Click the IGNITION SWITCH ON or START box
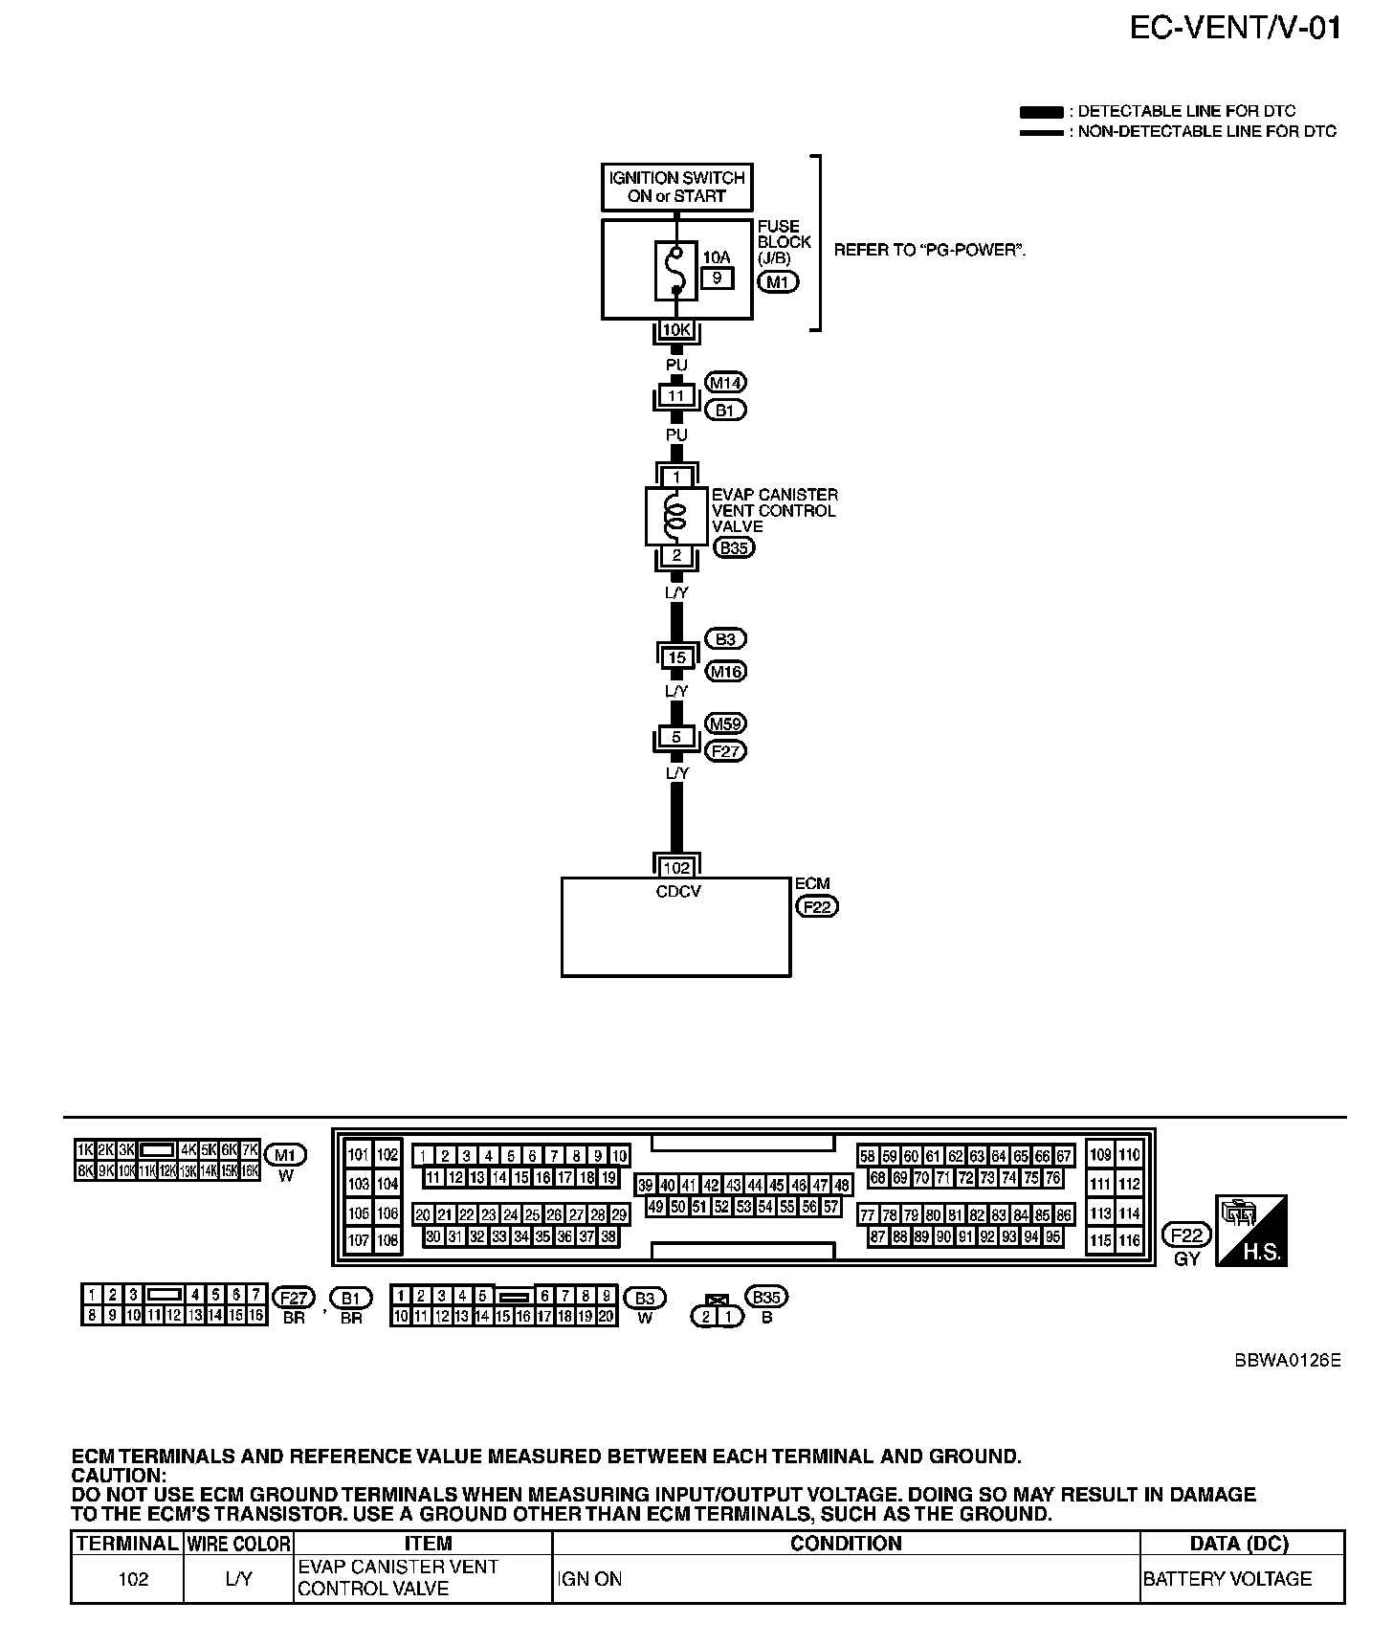[x=676, y=187]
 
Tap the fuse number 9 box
[x=718, y=278]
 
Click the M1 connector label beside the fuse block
[x=777, y=282]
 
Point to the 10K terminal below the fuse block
[x=676, y=330]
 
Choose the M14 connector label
[x=725, y=383]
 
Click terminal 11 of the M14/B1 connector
[x=676, y=395]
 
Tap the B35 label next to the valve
[x=734, y=548]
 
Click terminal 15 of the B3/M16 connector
[x=676, y=657]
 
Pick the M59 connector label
[x=725, y=723]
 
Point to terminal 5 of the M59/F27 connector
[x=676, y=738]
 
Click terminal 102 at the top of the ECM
[x=676, y=868]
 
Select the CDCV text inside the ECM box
[x=676, y=891]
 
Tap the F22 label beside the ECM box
[x=817, y=905]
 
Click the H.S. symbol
[x=1250, y=1231]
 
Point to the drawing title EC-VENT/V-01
[x=1235, y=29]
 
